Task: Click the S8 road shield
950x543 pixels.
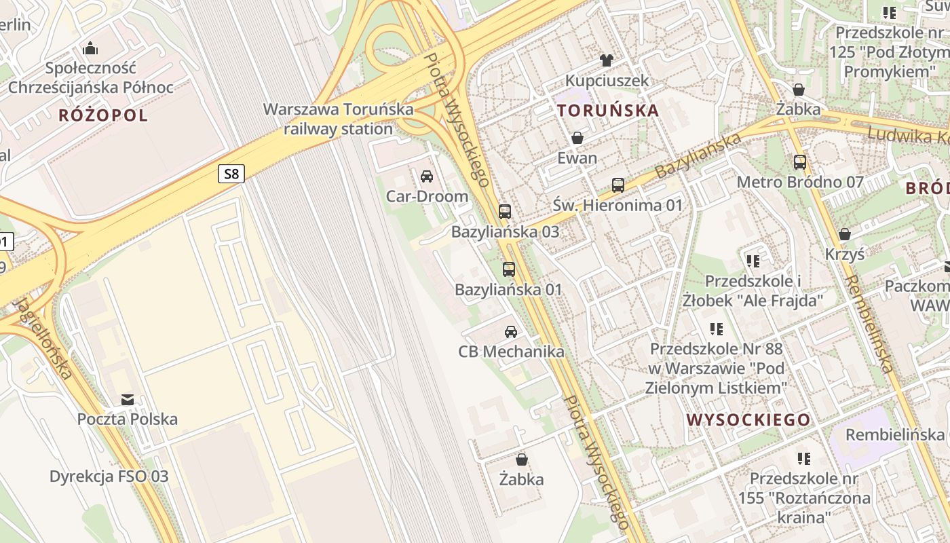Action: click(231, 174)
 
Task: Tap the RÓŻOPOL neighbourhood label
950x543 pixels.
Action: click(103, 115)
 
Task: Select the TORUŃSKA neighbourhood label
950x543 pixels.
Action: click(607, 110)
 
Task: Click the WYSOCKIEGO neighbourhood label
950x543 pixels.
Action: click(748, 419)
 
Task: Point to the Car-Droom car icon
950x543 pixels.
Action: click(427, 176)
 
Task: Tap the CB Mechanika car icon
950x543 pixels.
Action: click(511, 332)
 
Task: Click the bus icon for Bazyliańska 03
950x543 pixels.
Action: click(505, 211)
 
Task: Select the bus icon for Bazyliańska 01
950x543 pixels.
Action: click(509, 269)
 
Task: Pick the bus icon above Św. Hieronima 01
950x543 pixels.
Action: click(618, 185)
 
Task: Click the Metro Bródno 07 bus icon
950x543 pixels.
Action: click(800, 162)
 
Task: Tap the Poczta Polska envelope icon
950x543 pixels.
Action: click(128, 399)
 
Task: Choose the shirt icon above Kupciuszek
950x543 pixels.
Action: click(607, 60)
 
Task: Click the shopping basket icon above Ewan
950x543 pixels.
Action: click(577, 138)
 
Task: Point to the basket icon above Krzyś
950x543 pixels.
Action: click(845, 234)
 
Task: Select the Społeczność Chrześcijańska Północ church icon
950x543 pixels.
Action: click(90, 48)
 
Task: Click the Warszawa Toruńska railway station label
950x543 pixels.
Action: click(338, 119)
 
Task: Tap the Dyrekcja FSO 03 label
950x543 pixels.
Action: click(109, 476)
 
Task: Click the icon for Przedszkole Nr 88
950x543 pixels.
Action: click(716, 329)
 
